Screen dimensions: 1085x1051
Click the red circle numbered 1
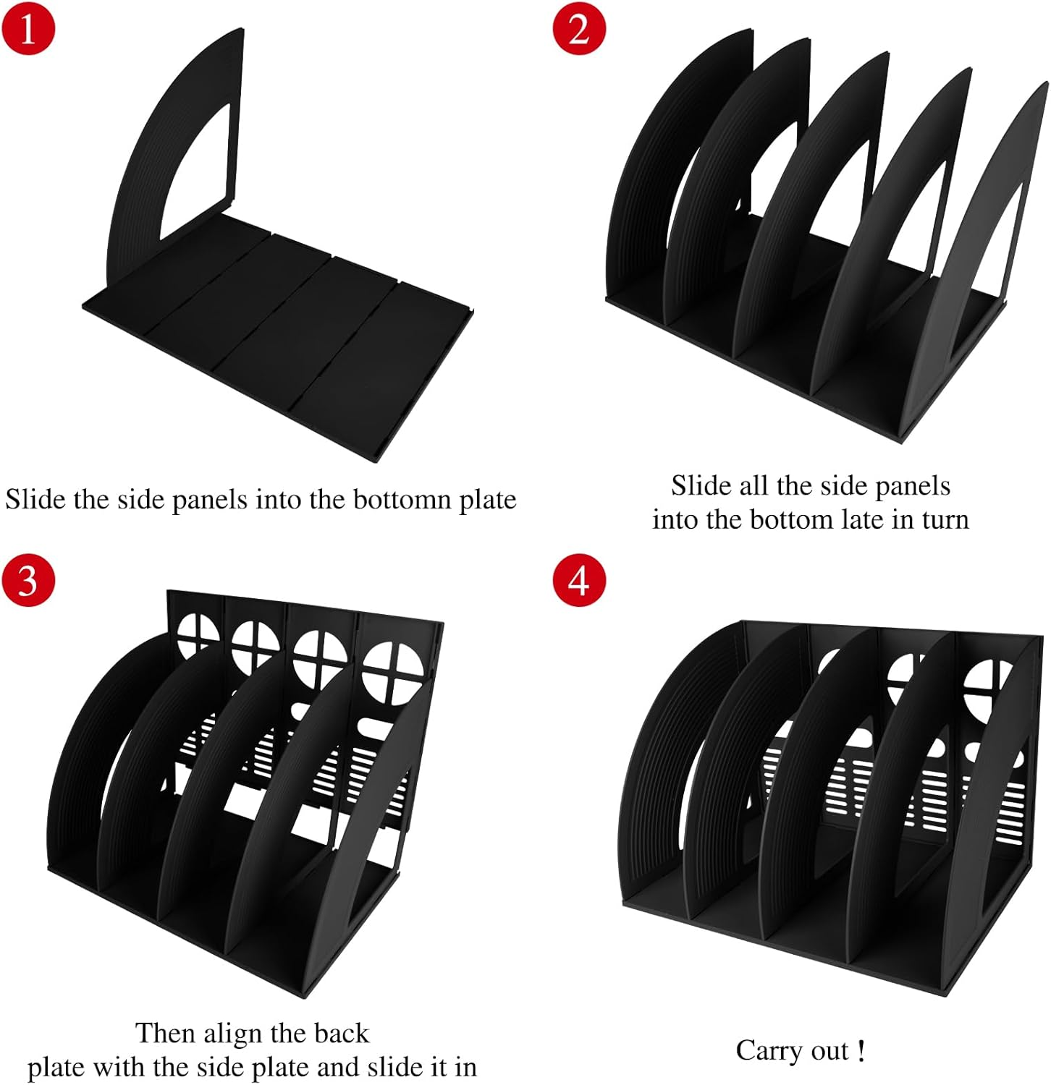[x=28, y=29]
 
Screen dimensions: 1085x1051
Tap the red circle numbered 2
[x=578, y=29]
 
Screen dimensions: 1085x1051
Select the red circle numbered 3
[x=28, y=579]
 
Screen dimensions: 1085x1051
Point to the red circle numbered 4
[x=578, y=579]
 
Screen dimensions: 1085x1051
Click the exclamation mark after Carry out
[x=860, y=1050]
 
